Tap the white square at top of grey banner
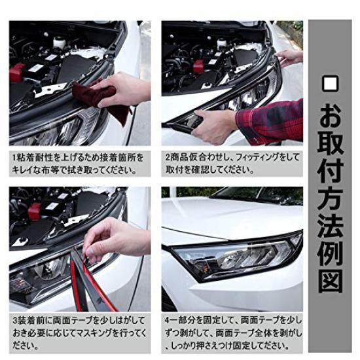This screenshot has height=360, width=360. click(x=330, y=84)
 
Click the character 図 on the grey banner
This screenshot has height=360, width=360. click(x=330, y=281)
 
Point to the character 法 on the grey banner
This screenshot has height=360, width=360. click(x=330, y=226)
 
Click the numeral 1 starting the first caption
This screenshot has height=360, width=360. click(x=14, y=158)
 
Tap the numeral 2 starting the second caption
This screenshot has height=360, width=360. click(x=168, y=157)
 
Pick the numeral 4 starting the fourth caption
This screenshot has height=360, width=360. click(x=168, y=320)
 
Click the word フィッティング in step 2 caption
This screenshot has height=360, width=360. click(x=259, y=157)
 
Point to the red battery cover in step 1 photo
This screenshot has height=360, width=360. click(x=17, y=72)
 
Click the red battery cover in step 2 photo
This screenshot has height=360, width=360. click(x=198, y=66)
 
